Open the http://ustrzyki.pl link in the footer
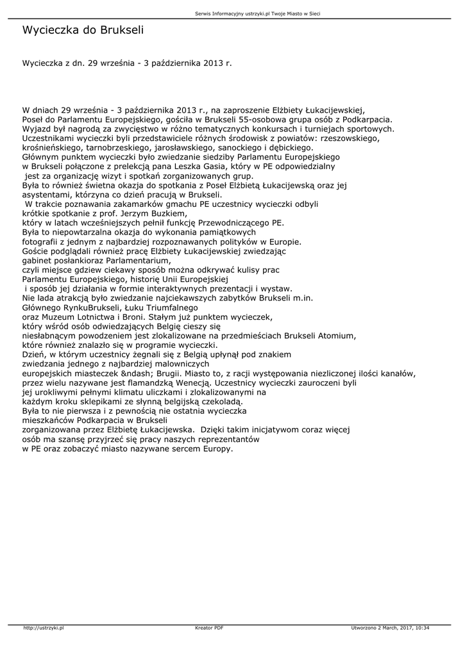point(44,628)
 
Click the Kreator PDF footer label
point(209,628)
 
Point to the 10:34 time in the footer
point(422,628)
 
